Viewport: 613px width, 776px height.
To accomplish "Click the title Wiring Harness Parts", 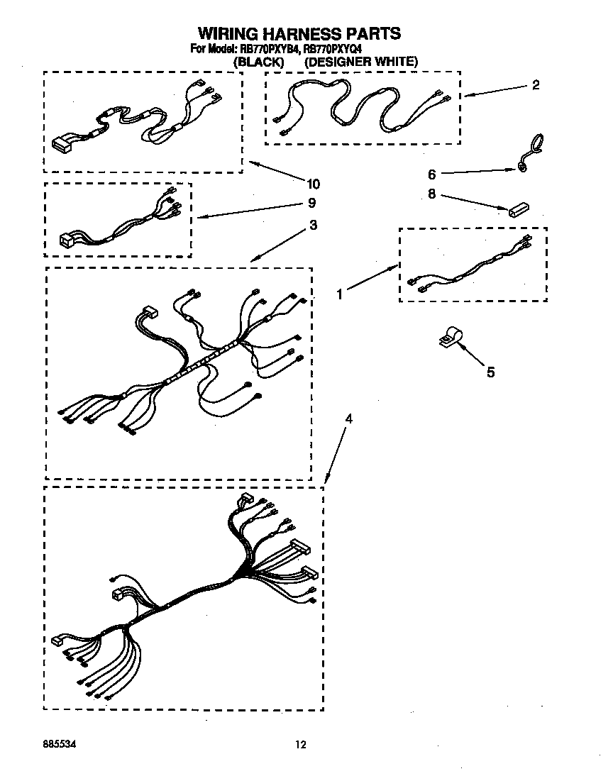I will click(x=299, y=33).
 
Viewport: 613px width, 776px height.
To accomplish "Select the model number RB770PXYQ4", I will click(x=333, y=49).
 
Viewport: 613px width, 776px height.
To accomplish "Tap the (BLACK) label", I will click(x=259, y=62).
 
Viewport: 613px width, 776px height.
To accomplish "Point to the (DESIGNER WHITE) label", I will click(x=361, y=62).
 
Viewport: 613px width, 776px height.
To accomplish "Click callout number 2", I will click(x=536, y=85).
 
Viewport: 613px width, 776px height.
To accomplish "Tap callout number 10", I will click(x=313, y=184).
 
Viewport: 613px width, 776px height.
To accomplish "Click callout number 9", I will click(x=312, y=204).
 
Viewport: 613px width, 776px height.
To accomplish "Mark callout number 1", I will click(x=340, y=293).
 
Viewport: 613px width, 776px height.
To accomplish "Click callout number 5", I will click(x=490, y=372).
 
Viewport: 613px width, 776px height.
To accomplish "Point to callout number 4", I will click(x=348, y=419).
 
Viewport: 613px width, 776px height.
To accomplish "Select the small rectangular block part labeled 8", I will click(x=519, y=210).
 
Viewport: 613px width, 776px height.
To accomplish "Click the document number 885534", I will click(x=59, y=744).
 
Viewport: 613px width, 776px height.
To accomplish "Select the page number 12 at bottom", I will click(x=301, y=744).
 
